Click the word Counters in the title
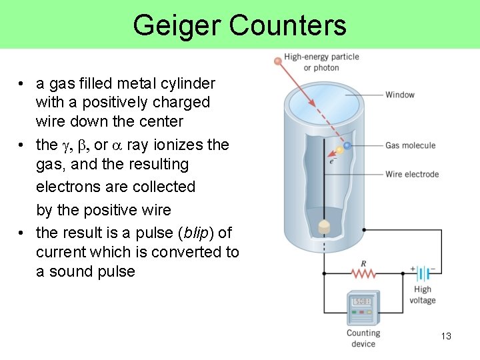coord(287,25)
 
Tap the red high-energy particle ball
coord(277,61)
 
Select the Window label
coord(400,95)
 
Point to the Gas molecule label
coord(410,145)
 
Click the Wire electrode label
coord(412,175)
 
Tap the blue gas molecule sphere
coord(347,145)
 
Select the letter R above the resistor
coord(363,263)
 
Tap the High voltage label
coord(422,295)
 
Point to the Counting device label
coord(363,338)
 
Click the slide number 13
coord(446,336)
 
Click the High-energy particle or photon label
coord(321,62)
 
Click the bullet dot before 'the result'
coord(22,233)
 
